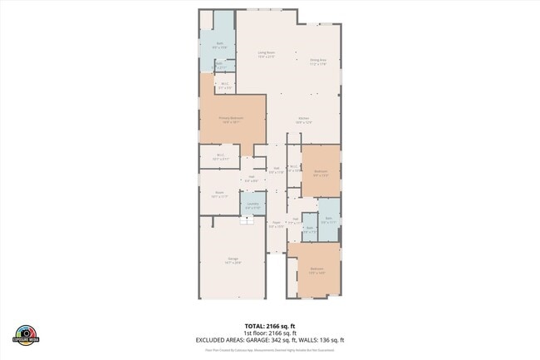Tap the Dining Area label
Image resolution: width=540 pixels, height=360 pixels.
pos(318,61)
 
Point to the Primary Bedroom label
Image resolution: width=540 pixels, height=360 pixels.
pos(231,120)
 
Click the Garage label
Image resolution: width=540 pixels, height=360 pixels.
pos(233,260)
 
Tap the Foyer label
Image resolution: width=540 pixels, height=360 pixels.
pos(275,224)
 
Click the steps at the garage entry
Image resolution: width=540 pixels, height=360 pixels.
pos(247,220)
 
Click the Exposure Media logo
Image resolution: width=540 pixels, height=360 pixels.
pos(27,333)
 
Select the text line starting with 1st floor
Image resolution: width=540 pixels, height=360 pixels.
pos(269,332)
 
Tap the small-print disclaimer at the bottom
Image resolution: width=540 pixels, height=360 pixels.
pos(269,352)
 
